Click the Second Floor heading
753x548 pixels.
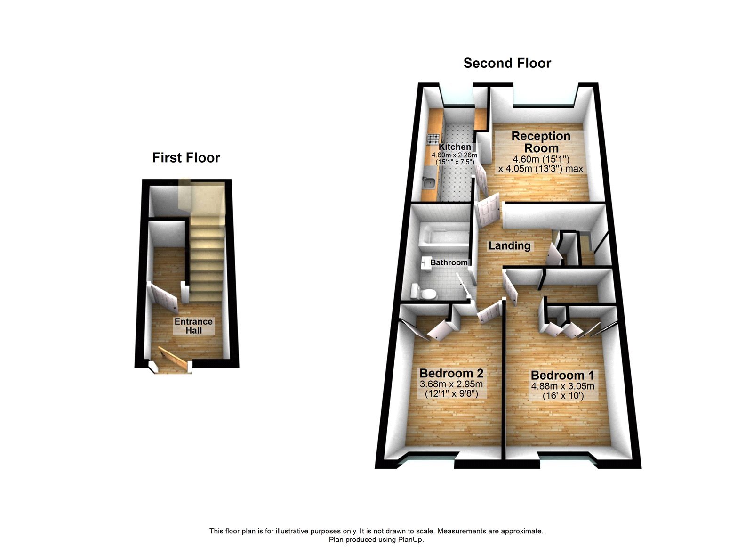click(x=507, y=63)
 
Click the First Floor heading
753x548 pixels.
click(x=186, y=157)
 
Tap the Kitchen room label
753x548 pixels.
click(x=455, y=147)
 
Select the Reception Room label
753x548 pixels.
click(x=541, y=142)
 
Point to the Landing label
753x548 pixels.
click(x=509, y=245)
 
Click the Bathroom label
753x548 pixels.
click(x=449, y=262)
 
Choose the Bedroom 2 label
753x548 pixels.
click(x=451, y=373)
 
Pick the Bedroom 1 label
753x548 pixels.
click(x=562, y=375)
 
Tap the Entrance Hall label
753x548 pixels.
click(x=193, y=326)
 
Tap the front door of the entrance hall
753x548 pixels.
click(x=172, y=360)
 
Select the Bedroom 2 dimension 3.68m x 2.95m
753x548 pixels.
click(x=451, y=384)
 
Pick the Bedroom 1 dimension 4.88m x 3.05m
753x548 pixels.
click(x=563, y=386)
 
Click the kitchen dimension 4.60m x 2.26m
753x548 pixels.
click(x=454, y=155)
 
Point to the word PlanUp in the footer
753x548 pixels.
click(x=412, y=540)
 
